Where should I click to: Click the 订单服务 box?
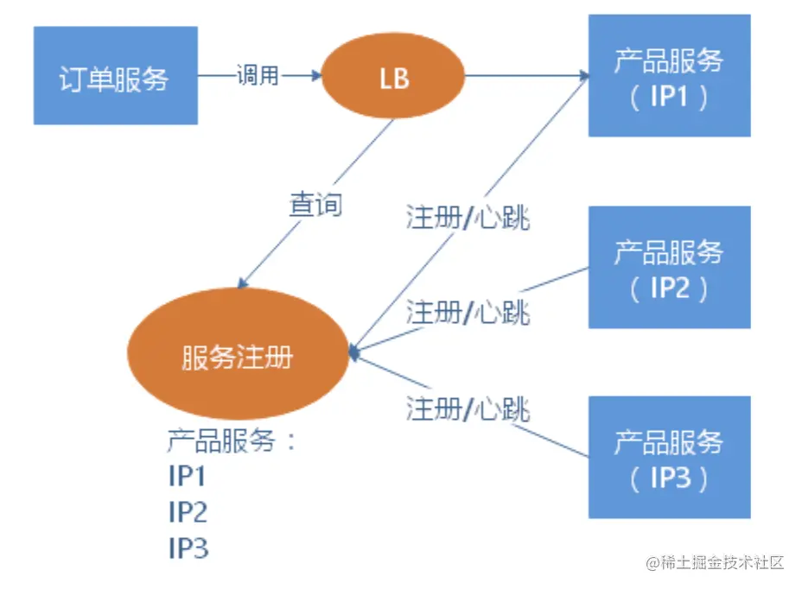coord(116,76)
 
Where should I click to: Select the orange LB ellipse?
coord(393,78)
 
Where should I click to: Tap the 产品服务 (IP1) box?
coord(669,76)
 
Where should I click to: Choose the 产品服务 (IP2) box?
coord(669,267)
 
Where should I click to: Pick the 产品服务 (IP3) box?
coord(669,457)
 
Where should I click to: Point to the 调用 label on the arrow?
coord(258,76)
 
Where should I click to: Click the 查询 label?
coord(315,205)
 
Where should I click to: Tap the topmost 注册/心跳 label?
coord(468,218)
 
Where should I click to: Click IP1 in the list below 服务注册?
coord(188,476)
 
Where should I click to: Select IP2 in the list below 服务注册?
coord(188,512)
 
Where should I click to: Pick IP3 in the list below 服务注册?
coord(188,548)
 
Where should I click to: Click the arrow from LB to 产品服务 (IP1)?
coord(527,76)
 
